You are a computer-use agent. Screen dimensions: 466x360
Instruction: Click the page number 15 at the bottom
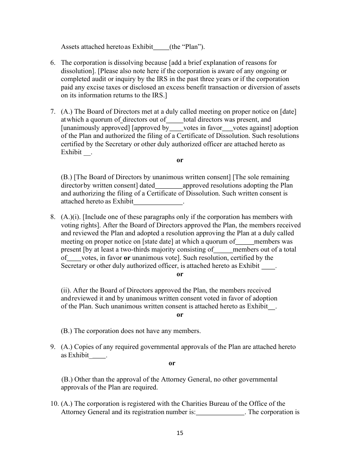[180, 433]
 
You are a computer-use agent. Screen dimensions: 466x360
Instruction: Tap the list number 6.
[53, 63]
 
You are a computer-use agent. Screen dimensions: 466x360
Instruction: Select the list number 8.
[53, 217]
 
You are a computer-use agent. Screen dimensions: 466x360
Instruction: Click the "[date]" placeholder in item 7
[288, 112]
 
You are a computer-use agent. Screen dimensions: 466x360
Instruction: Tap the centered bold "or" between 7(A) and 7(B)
[180, 160]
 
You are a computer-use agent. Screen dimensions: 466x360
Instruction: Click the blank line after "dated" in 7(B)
[169, 186]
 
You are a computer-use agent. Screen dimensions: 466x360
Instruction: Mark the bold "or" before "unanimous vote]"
[127, 258]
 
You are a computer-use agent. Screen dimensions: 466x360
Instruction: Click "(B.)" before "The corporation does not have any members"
[67, 331]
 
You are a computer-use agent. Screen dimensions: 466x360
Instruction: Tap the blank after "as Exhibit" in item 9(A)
[99, 355]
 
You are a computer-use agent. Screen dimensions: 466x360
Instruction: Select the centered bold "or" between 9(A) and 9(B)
[172, 363]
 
